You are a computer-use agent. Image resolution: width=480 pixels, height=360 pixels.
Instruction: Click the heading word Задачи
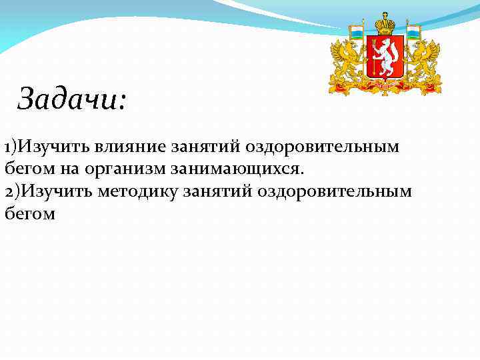(71, 99)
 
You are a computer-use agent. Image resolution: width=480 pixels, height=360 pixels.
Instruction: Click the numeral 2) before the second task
(11, 191)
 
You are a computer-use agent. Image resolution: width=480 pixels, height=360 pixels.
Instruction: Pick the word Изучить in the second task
(53, 191)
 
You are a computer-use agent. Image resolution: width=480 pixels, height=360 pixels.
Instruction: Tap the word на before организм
(91, 169)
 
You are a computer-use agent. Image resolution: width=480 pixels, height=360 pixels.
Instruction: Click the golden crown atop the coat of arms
(385, 25)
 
